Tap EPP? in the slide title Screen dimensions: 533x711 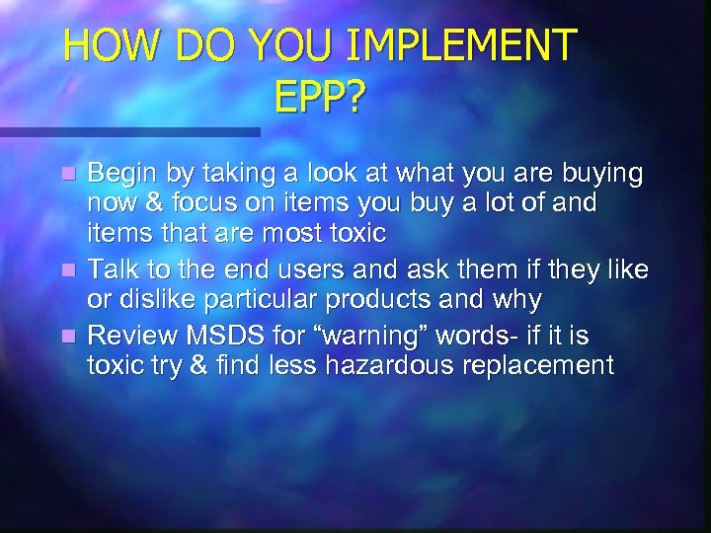coord(320,97)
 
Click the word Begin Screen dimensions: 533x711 coord(122,175)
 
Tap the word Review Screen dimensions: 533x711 coord(130,337)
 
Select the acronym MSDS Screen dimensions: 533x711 coord(222,337)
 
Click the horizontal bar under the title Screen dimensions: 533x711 coord(128,131)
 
